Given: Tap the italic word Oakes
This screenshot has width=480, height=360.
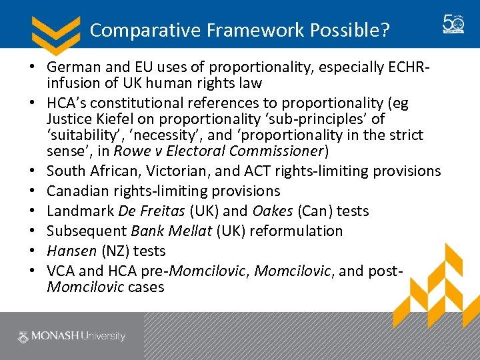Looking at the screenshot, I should point(273,211).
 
